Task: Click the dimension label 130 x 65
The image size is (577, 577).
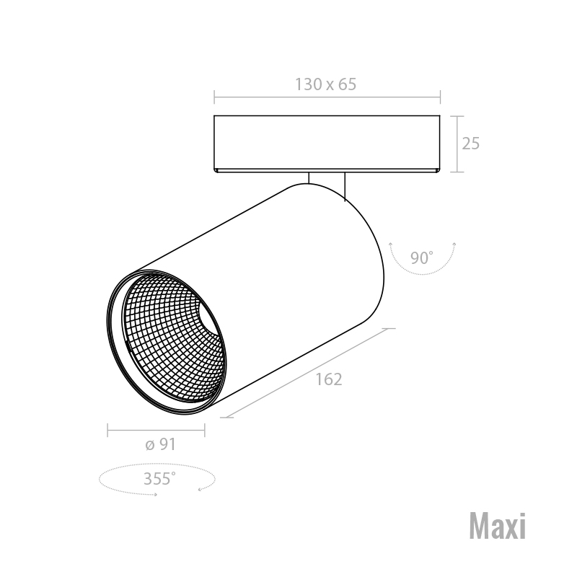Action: point(326,84)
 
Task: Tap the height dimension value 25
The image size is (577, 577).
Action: point(471,143)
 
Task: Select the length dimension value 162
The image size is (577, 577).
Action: point(329,379)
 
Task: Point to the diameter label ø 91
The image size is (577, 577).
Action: point(160,444)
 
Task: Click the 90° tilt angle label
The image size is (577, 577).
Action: point(422,257)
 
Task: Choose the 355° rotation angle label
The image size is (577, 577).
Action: point(159,478)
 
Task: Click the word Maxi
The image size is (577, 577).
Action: point(498,526)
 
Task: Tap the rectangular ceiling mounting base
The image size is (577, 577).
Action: point(327,144)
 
